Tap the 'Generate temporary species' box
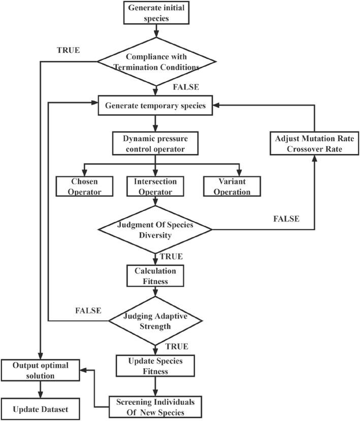[156, 106]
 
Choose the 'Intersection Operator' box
[156, 186]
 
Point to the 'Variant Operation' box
[233, 186]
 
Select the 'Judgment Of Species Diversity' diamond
[156, 229]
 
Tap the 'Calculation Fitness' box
[156, 274]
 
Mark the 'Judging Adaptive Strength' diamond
[156, 320]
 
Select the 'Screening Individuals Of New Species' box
[156, 405]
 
